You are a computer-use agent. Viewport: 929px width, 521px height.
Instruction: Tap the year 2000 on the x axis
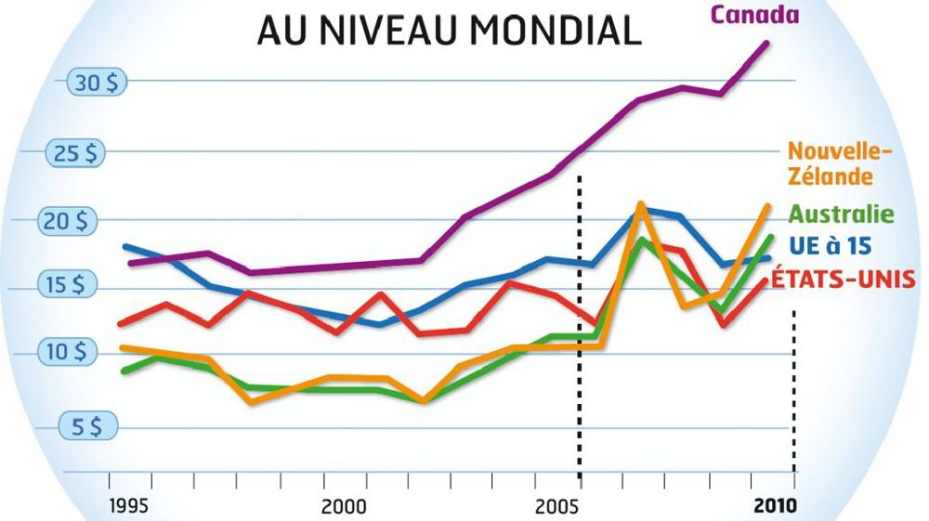pyautogui.click(x=344, y=507)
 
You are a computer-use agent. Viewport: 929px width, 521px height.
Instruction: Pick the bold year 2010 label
pyautogui.click(x=776, y=507)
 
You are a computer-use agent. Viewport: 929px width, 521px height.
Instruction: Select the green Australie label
pyautogui.click(x=841, y=215)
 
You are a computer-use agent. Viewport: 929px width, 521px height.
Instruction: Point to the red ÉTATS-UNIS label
pyautogui.click(x=844, y=278)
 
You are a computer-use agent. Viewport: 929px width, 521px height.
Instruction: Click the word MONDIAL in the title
pyautogui.click(x=556, y=30)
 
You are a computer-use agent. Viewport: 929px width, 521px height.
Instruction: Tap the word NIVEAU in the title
pyautogui.click(x=386, y=30)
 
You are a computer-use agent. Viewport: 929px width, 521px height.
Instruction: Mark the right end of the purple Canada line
pyautogui.click(x=767, y=43)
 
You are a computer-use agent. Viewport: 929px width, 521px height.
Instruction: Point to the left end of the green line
pyautogui.click(x=124, y=371)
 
